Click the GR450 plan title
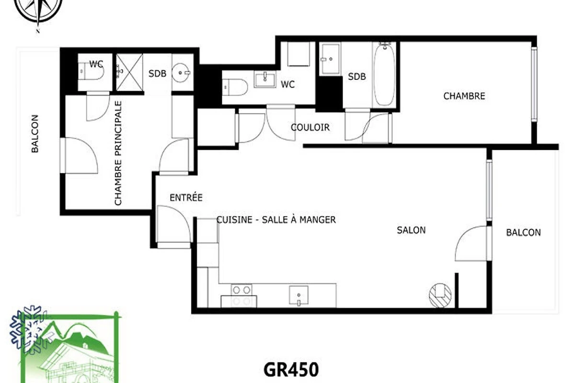pos(291,370)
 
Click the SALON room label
pos(411,230)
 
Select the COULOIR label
pos(310,127)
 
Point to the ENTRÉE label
pos(186,197)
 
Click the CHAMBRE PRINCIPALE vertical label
pos(118,153)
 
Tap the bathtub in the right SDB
pos(384,75)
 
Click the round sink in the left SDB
pos(181,73)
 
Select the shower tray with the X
pos(129,72)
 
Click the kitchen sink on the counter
pos(299,296)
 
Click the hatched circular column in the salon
pos(440,295)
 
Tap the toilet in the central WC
pos(235,87)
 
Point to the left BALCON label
pos(35,134)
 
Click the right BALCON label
pos(523,232)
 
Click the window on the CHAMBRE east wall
pos(534,84)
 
